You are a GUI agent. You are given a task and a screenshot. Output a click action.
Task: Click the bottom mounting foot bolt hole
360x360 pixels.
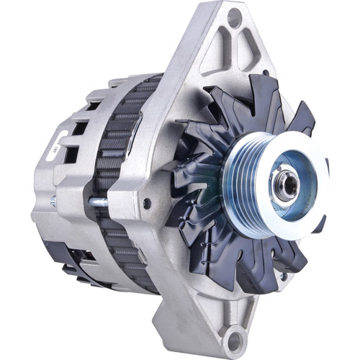coord(233,337)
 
